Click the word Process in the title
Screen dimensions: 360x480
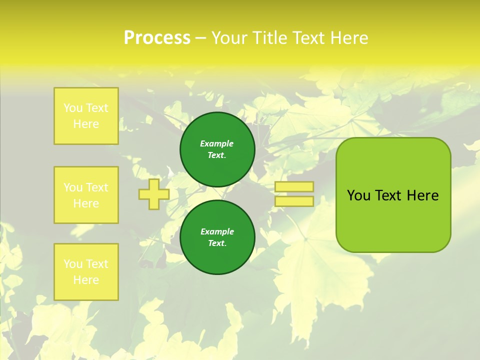[157, 38]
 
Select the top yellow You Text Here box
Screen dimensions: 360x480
[86, 116]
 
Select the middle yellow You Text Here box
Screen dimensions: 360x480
[86, 195]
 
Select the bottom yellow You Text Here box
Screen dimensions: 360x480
[86, 271]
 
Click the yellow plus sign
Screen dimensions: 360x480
[153, 194]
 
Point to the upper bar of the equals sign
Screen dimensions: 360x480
[294, 186]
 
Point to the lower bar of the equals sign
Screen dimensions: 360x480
[294, 201]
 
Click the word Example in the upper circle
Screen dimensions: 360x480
[217, 143]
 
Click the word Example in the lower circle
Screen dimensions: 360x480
[217, 231]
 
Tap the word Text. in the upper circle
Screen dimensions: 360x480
[217, 155]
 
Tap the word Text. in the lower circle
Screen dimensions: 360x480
[217, 243]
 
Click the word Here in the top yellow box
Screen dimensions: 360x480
[86, 124]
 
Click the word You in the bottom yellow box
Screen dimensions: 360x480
[73, 263]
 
